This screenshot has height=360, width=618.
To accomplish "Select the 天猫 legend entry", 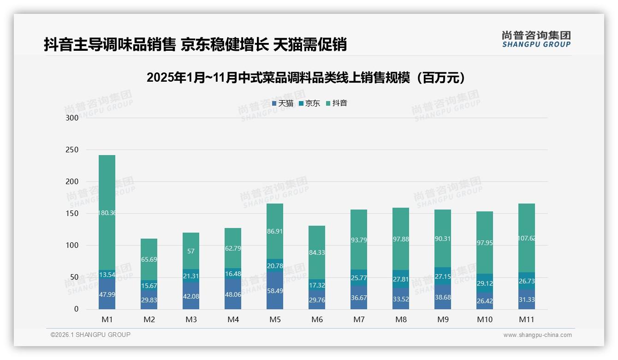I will [282, 103].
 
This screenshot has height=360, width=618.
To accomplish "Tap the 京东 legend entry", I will [309, 103].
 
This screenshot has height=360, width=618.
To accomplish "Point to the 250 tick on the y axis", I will [72, 150].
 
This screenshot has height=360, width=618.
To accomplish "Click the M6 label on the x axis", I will [317, 319].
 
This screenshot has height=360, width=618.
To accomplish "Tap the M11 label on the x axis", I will [527, 319].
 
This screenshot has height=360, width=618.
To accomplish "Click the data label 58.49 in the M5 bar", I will [275, 296].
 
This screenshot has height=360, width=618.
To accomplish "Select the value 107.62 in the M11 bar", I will [527, 239].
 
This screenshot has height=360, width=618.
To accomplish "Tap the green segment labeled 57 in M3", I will [191, 252].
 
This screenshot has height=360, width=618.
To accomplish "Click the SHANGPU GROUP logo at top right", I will [536, 39].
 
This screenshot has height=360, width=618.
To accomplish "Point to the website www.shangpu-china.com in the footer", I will [537, 335].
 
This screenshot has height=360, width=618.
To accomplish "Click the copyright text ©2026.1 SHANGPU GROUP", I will [90, 335].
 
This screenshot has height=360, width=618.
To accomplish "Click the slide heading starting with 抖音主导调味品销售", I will [195, 45].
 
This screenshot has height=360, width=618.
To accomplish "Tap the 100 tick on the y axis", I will [72, 246].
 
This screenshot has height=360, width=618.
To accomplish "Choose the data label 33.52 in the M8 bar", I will [401, 296].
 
